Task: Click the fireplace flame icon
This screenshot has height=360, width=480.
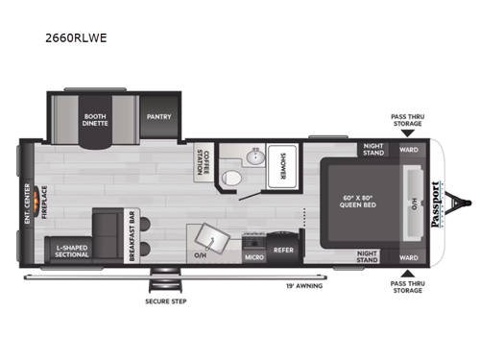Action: pos(39,202)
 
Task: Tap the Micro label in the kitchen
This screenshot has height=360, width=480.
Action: pos(252,256)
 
